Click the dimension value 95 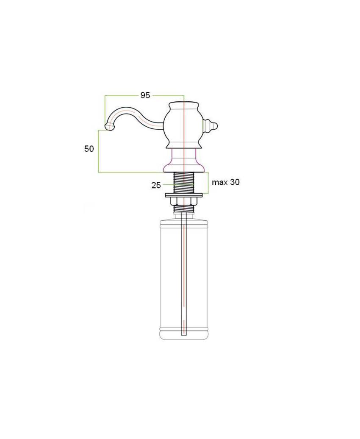click(145, 95)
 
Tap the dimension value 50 click(89, 149)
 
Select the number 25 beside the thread click(156, 185)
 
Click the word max click(220, 182)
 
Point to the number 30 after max click(235, 182)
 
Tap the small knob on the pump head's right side click(210, 126)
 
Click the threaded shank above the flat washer click(184, 183)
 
